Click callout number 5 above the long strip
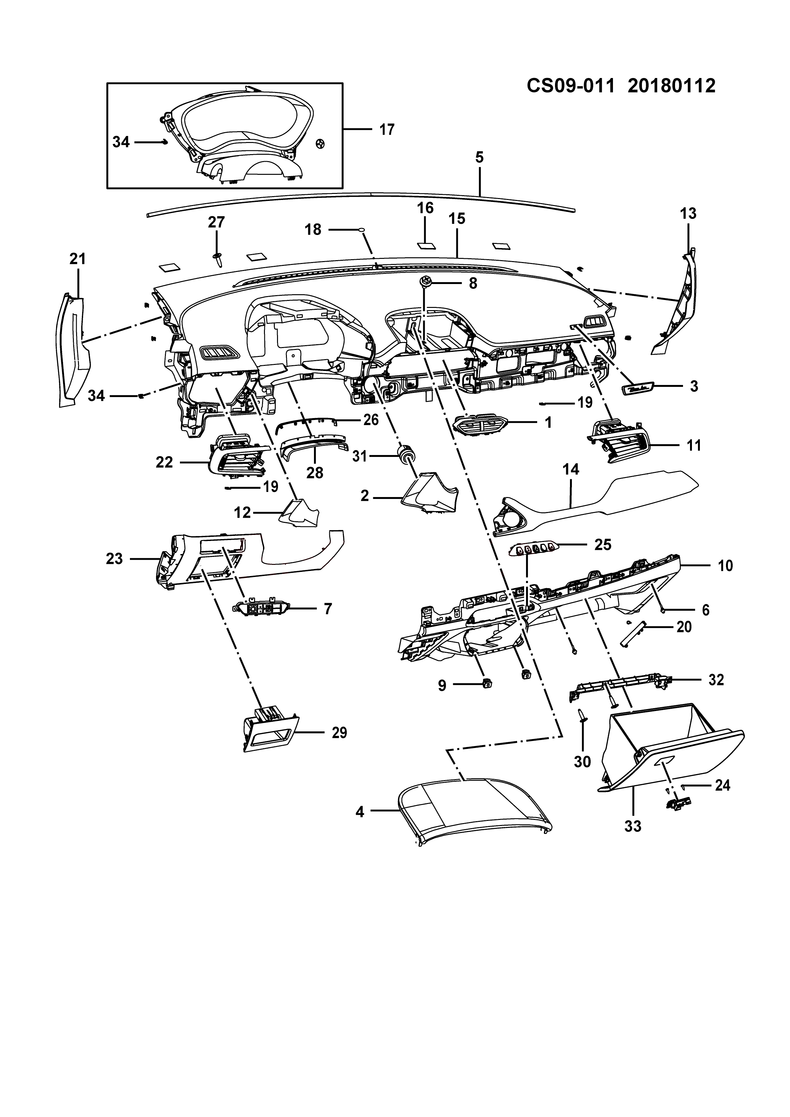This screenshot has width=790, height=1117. [x=480, y=158]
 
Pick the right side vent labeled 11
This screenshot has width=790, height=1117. [x=621, y=440]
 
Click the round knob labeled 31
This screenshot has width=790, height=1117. [x=406, y=454]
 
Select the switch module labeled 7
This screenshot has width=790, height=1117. [x=261, y=608]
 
